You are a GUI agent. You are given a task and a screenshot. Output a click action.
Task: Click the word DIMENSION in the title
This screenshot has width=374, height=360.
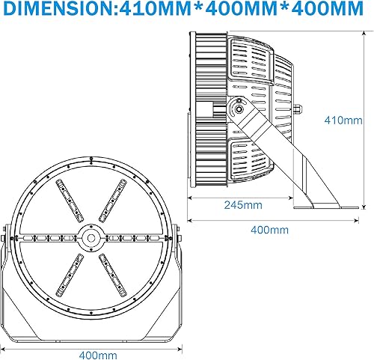point(59,10)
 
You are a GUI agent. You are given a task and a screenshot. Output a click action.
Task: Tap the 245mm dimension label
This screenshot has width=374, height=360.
point(241,204)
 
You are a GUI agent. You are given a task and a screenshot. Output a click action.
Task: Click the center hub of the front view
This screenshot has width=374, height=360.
point(91,238)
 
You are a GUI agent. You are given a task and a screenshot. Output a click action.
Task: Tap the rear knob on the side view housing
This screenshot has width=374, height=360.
point(298,109)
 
